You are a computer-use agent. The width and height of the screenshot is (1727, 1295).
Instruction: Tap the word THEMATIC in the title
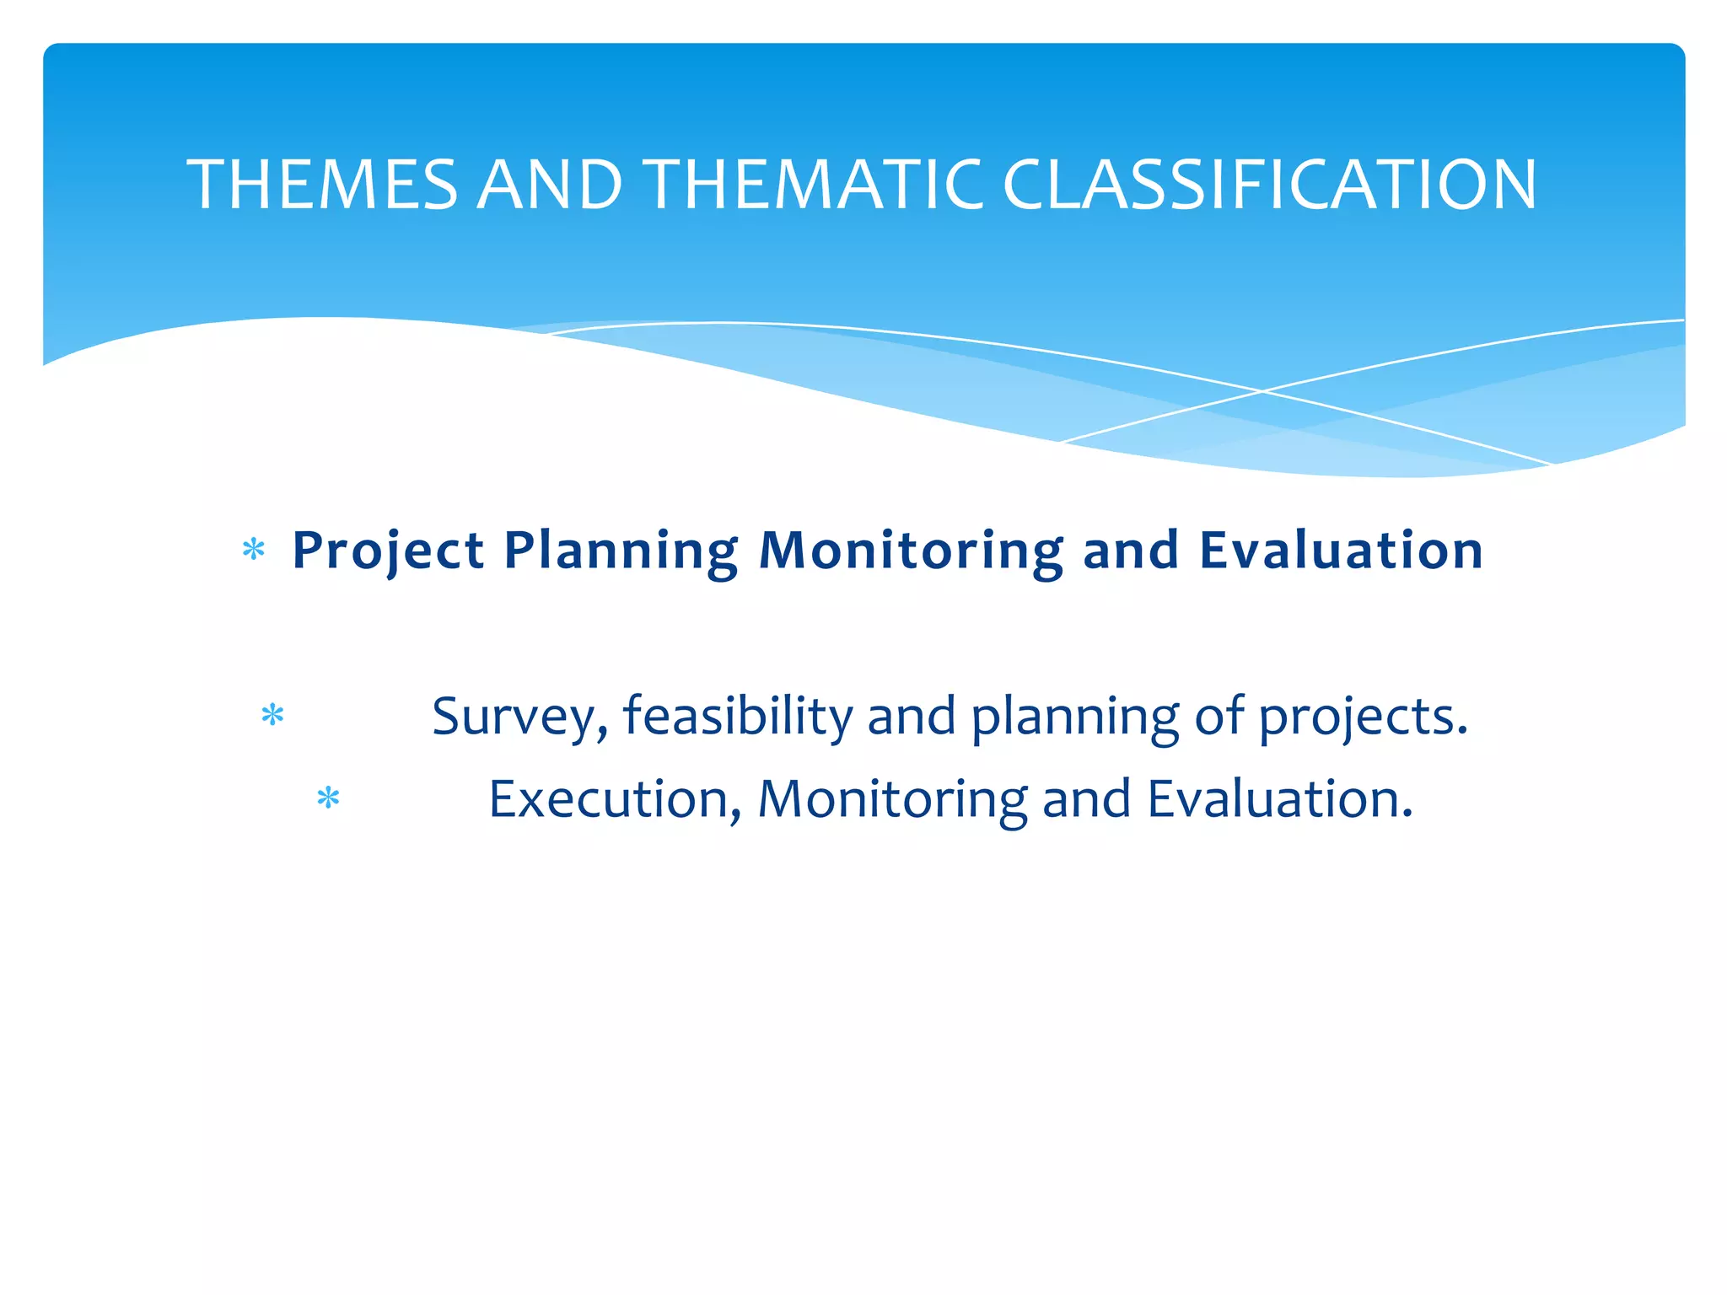coord(814,185)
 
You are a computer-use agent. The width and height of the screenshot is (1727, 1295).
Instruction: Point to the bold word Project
coord(388,552)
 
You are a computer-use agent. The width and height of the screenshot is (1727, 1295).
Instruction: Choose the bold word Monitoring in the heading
coord(912,552)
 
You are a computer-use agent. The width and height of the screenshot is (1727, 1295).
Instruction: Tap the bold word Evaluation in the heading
coord(1341,551)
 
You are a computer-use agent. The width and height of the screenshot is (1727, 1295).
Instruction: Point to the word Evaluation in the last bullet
coord(1279,799)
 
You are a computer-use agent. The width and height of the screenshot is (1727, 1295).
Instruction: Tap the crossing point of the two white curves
coord(1262,391)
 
